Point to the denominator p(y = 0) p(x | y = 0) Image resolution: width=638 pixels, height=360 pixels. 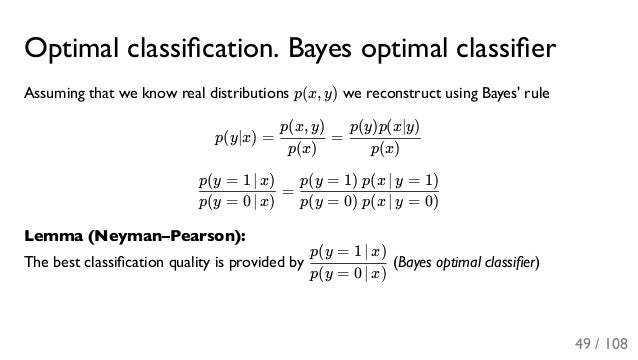click(x=370, y=204)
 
